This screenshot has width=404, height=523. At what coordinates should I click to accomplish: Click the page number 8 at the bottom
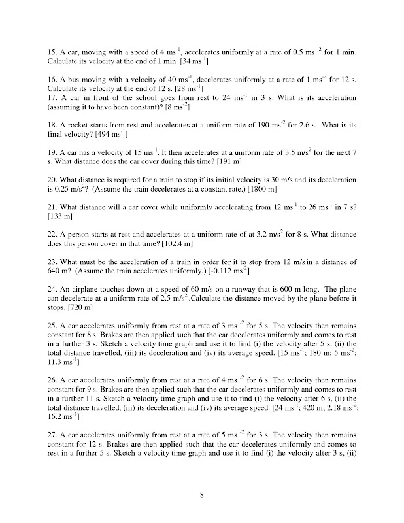pos(203,494)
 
